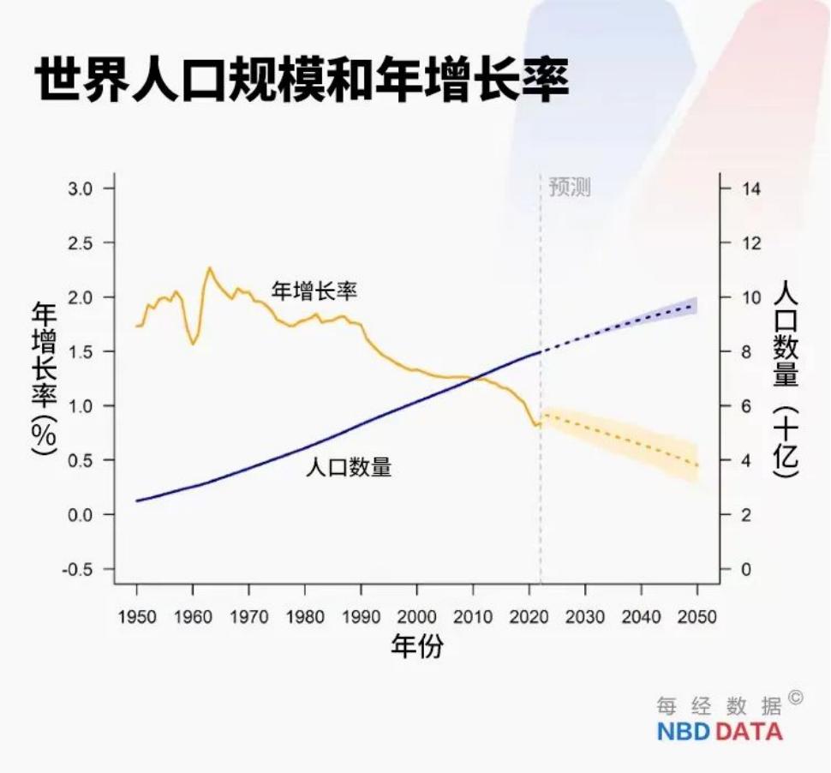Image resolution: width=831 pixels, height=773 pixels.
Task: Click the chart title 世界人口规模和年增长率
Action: (302, 81)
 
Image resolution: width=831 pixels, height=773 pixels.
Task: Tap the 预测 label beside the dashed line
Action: (570, 188)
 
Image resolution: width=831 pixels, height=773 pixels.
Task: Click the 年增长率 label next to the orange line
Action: (314, 291)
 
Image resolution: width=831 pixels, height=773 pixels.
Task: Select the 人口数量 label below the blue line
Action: (349, 468)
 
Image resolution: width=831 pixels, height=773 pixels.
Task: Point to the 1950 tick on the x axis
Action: (136, 617)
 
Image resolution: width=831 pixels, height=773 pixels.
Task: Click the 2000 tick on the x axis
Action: (416, 617)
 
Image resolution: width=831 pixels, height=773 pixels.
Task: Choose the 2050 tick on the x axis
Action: (697, 617)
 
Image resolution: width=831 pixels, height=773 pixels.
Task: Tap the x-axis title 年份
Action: (417, 647)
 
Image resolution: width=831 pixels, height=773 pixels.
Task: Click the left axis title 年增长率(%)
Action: (44, 378)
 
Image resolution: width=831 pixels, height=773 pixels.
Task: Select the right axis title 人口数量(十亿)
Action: (786, 378)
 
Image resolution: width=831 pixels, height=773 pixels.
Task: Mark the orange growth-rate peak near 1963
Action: (208, 268)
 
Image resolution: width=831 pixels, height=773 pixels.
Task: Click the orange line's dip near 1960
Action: (193, 344)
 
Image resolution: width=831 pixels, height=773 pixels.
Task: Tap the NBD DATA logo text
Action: (720, 732)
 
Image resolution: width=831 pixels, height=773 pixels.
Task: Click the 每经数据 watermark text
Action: (720, 706)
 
